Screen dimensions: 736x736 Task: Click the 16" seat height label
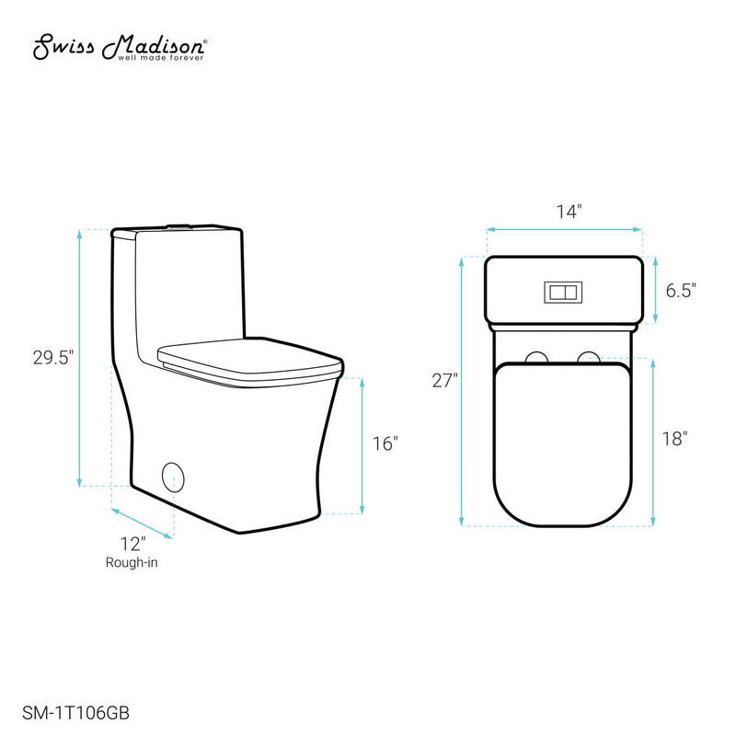click(x=385, y=443)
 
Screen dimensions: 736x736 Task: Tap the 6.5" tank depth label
click(x=681, y=291)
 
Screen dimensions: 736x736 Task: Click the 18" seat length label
click(x=674, y=439)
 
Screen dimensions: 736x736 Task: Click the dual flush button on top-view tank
click(x=563, y=292)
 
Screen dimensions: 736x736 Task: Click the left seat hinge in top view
click(x=537, y=357)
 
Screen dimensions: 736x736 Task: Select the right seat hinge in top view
click(x=590, y=357)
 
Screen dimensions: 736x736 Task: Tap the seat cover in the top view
click(x=564, y=442)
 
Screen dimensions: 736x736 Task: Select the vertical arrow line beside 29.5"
click(x=81, y=358)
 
